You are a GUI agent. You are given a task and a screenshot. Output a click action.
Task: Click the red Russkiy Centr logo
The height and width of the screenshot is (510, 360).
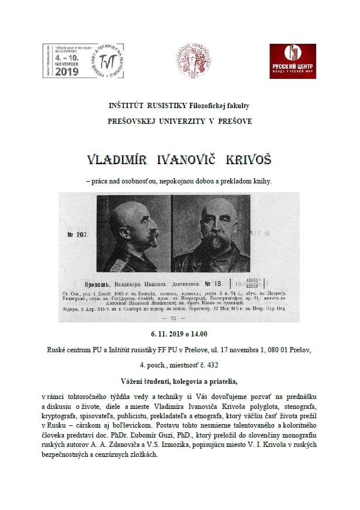292,61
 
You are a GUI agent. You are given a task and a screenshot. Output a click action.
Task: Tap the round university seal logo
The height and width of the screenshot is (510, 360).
194,61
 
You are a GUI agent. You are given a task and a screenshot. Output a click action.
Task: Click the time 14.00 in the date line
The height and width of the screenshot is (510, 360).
199,335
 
